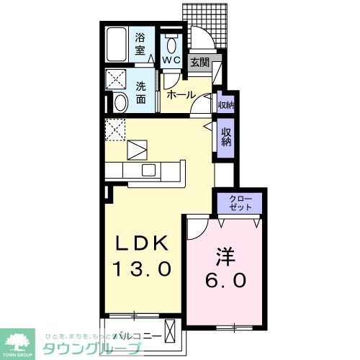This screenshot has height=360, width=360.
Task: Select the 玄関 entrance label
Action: click(199, 63)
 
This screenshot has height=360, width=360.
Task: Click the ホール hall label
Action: click(180, 94)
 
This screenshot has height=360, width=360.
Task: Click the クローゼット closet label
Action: click(240, 202)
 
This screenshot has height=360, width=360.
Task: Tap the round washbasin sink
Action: click(120, 102)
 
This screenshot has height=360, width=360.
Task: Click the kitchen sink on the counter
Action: click(149, 170)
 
